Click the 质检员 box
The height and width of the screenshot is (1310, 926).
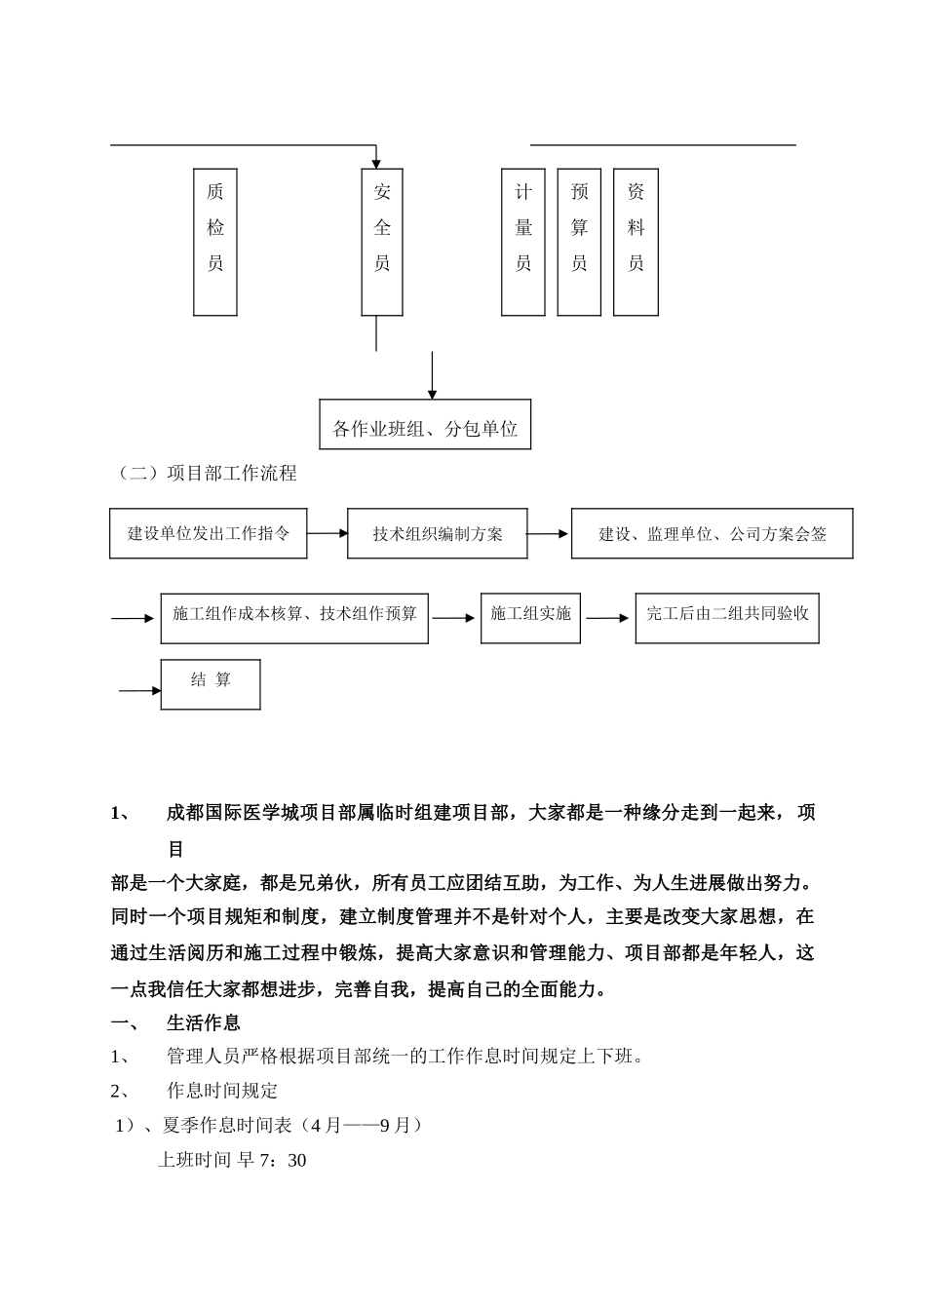click(x=215, y=241)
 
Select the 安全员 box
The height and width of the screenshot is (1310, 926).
click(x=382, y=241)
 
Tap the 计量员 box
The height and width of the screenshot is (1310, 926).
click(x=523, y=241)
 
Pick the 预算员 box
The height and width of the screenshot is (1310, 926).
click(x=579, y=241)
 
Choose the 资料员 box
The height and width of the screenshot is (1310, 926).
click(x=636, y=241)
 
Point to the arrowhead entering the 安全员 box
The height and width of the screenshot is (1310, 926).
click(x=376, y=162)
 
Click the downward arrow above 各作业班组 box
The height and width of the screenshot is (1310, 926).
click(x=432, y=376)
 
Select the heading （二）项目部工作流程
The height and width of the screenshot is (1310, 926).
click(x=207, y=474)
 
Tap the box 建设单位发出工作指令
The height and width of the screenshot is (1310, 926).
click(x=209, y=533)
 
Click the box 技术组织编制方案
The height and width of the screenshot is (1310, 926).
click(x=438, y=533)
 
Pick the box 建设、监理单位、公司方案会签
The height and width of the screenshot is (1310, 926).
click(x=712, y=533)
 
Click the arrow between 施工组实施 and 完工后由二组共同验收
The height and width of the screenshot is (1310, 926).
click(x=608, y=618)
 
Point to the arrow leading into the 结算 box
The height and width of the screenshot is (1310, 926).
click(x=140, y=691)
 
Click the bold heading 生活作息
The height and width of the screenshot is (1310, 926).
click(x=204, y=1022)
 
